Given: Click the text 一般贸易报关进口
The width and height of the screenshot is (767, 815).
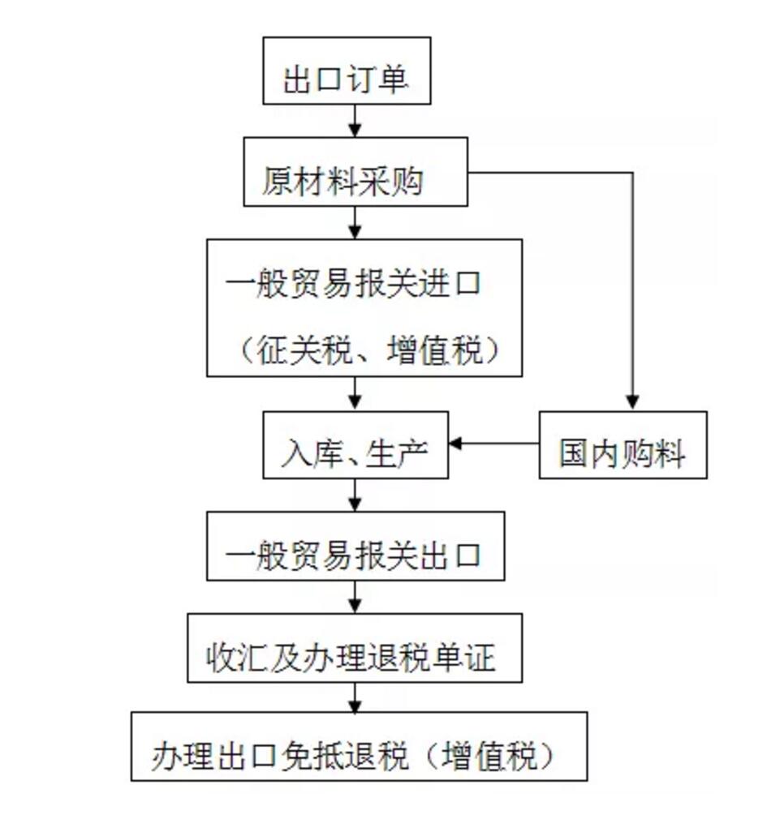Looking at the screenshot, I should coord(355,286).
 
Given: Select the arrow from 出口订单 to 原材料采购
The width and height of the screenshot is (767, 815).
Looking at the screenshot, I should coord(355,121).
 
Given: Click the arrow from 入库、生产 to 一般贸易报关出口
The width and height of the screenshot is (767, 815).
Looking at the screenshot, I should coord(355,495).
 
